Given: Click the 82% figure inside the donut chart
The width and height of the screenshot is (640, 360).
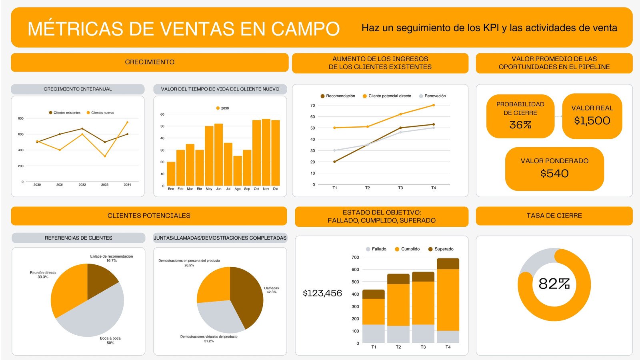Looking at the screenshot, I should pos(554,284).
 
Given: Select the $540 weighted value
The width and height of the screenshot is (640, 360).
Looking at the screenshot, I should pos(554,174).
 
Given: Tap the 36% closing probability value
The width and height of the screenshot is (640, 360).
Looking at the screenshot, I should pos(520,125).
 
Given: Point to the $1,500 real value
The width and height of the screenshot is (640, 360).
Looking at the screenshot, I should pos(592,121).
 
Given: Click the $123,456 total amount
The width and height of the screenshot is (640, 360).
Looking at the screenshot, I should pos(322,293).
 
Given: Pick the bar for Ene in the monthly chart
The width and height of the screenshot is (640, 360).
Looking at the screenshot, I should pos(171,174).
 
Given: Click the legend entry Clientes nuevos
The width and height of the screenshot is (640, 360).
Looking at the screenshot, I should pos(102,113).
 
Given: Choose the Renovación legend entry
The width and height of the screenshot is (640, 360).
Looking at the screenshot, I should pos(435,96).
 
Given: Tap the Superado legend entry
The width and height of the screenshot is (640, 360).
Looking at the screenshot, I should pos(444,249).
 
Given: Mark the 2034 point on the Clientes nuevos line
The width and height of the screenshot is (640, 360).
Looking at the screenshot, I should pos(127,122).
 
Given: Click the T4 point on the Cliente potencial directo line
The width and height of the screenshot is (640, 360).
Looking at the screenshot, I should pos(434,105).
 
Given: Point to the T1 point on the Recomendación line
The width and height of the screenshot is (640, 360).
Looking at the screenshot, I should pos(334,162).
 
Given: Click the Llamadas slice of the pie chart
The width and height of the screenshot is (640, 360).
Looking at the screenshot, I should pos(248,296).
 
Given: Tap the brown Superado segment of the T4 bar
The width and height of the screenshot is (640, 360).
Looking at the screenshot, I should pos(448,264).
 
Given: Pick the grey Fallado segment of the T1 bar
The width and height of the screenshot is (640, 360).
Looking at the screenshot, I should pos(373,334).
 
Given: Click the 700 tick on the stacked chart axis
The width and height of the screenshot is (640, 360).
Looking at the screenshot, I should pos(355,258).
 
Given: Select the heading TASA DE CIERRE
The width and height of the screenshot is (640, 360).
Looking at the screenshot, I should pos(554,216).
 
